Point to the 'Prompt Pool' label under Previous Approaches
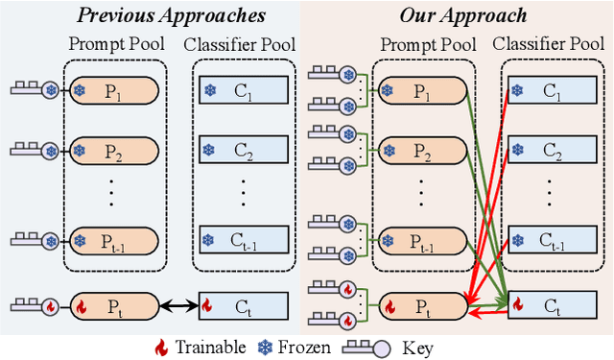click(x=115, y=45)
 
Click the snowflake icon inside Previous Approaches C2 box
click(x=209, y=151)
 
